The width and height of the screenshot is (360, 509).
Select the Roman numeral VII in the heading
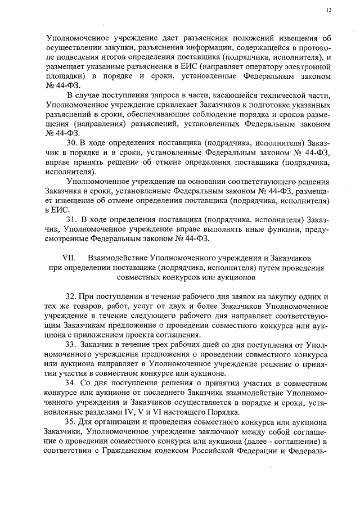tap(67, 256)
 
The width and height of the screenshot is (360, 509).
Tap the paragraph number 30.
tap(73, 142)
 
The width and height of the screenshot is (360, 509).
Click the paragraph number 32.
tap(73, 296)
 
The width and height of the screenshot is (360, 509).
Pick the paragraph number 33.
tap(73, 344)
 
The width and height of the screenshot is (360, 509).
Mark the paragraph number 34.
tap(73, 382)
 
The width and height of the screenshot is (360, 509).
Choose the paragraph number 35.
tap(73, 421)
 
